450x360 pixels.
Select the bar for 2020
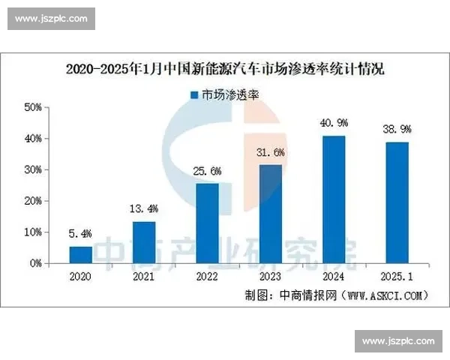click(80, 255)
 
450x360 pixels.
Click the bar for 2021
click(144, 242)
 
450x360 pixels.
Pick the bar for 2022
click(208, 223)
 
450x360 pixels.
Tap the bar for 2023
click(271, 214)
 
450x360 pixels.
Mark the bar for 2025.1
click(397, 202)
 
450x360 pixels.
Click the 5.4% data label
click(80, 233)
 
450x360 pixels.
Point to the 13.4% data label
click(144, 208)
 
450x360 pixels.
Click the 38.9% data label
click(397, 129)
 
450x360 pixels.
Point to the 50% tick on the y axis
click(33, 107)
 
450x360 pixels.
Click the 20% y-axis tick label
click(33, 201)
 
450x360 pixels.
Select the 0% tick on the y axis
click(36, 263)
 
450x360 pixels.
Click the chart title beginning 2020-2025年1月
click(225, 70)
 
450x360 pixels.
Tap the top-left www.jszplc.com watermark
click(51, 18)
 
